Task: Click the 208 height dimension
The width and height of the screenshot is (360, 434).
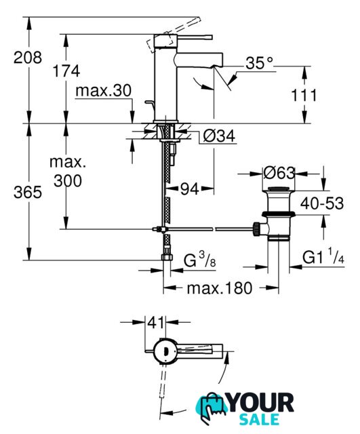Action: point(28,58)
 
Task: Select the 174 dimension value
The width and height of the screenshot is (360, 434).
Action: point(66,71)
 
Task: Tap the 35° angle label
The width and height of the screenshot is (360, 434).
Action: point(259,63)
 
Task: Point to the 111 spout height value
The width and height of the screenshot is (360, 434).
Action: point(304,96)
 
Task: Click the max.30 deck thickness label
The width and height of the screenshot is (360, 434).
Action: point(103,90)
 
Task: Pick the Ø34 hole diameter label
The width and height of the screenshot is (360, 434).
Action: point(219,136)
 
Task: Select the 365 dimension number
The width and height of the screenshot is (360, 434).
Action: point(28,192)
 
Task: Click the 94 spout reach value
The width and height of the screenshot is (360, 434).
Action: point(190,189)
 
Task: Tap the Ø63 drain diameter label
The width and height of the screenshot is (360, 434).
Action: point(279,174)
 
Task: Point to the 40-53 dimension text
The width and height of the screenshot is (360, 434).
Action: point(322,203)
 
